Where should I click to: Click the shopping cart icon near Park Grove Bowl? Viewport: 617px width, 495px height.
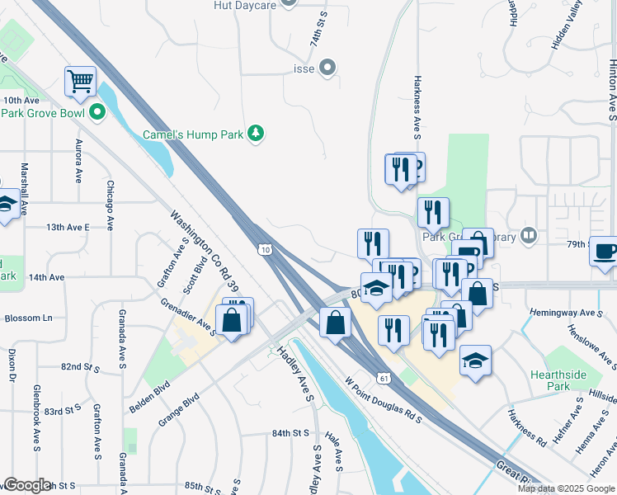coord(81,81)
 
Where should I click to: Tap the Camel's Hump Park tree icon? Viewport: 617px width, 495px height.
coord(257,133)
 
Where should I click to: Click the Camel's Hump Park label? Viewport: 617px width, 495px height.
coord(192,134)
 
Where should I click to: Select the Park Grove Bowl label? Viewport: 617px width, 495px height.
coord(43,112)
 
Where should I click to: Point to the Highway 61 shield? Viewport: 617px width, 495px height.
coord(384,377)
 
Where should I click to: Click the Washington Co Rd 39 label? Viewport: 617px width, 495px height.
coord(205,251)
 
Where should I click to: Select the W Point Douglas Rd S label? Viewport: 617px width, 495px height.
coord(384,401)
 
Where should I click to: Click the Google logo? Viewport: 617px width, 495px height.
coord(26,485)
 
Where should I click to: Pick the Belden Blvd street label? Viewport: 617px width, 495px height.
coord(149,397)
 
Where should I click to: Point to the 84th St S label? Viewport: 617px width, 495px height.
coord(290,432)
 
